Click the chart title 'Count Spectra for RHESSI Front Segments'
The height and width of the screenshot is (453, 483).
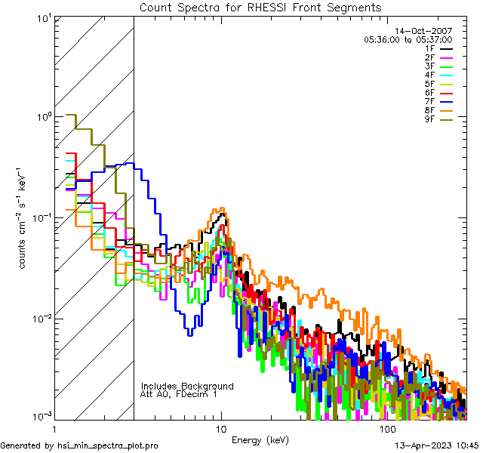(x=260, y=7)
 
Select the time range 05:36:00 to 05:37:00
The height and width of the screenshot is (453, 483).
(x=408, y=39)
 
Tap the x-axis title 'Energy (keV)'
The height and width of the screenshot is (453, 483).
(x=260, y=440)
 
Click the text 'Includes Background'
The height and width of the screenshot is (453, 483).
(x=187, y=386)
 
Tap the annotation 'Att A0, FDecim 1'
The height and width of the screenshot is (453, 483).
(x=179, y=394)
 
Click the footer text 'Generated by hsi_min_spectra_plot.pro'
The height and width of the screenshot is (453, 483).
(x=79, y=445)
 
